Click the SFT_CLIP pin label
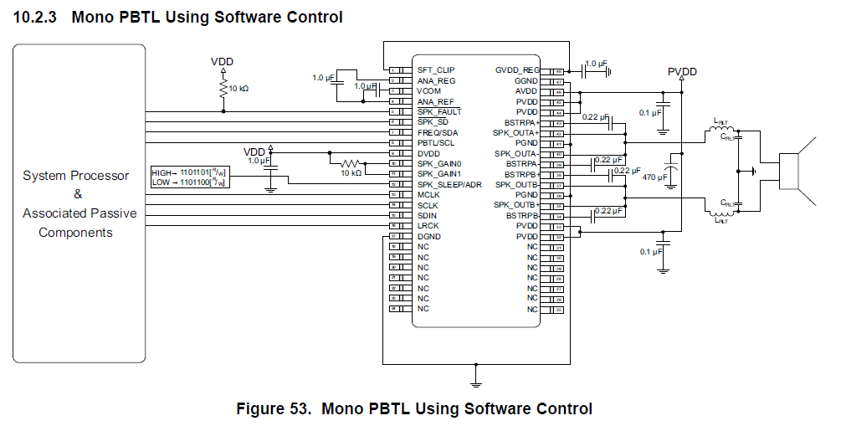(435, 70)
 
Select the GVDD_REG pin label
(517, 70)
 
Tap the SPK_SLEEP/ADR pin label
(449, 184)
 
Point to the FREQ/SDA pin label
(438, 132)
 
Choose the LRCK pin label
(428, 226)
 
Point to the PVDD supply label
(682, 72)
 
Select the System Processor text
(76, 176)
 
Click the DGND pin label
(428, 236)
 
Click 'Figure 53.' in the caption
(275, 408)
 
